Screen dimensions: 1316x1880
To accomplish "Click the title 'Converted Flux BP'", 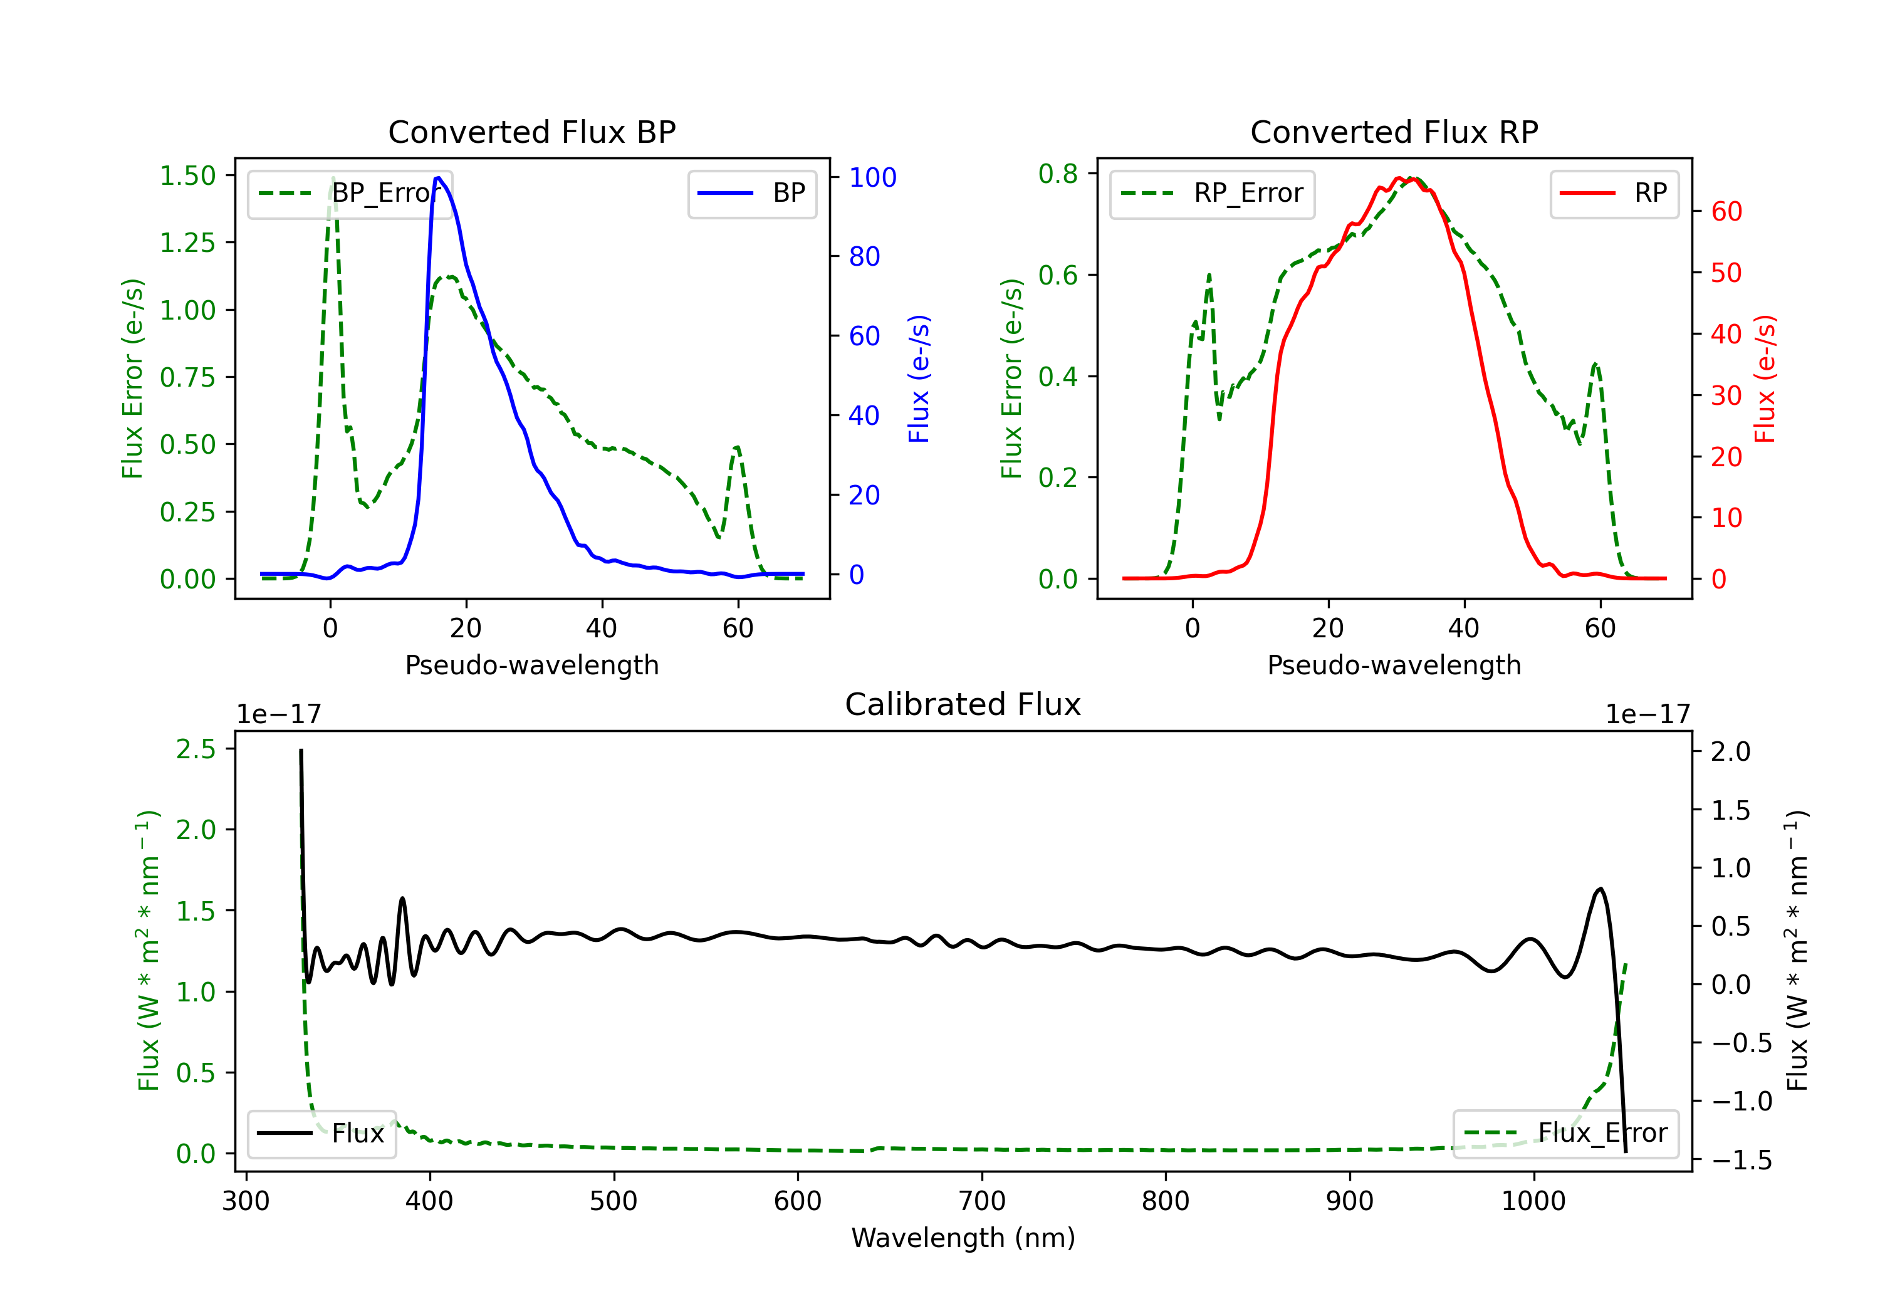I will point(531,132).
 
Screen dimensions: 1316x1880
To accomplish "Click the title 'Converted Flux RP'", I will point(1394,132).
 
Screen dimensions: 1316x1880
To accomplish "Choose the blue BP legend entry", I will point(751,193).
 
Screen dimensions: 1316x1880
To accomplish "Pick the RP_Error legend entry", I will point(1212,193).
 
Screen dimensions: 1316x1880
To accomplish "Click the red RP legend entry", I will point(1614,193).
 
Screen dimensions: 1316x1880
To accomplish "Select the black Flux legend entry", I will point(321,1134).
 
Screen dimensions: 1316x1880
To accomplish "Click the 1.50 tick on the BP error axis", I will point(187,176).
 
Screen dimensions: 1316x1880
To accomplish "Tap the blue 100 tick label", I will point(872,178).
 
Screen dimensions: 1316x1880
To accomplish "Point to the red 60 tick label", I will point(1726,212).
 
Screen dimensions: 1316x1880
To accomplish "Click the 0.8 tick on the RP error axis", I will point(1058,174).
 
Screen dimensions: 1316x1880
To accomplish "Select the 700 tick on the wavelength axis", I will point(982,1201).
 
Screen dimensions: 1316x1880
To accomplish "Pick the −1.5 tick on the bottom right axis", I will point(1741,1161).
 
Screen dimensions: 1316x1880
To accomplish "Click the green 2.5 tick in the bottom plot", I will point(196,749).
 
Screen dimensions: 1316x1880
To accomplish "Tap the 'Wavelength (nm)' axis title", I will point(963,1238).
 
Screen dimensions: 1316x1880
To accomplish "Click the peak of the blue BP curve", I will point(438,178).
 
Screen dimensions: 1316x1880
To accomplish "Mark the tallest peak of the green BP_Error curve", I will point(332,178).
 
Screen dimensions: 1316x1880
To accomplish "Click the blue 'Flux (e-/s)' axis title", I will point(919,379).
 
